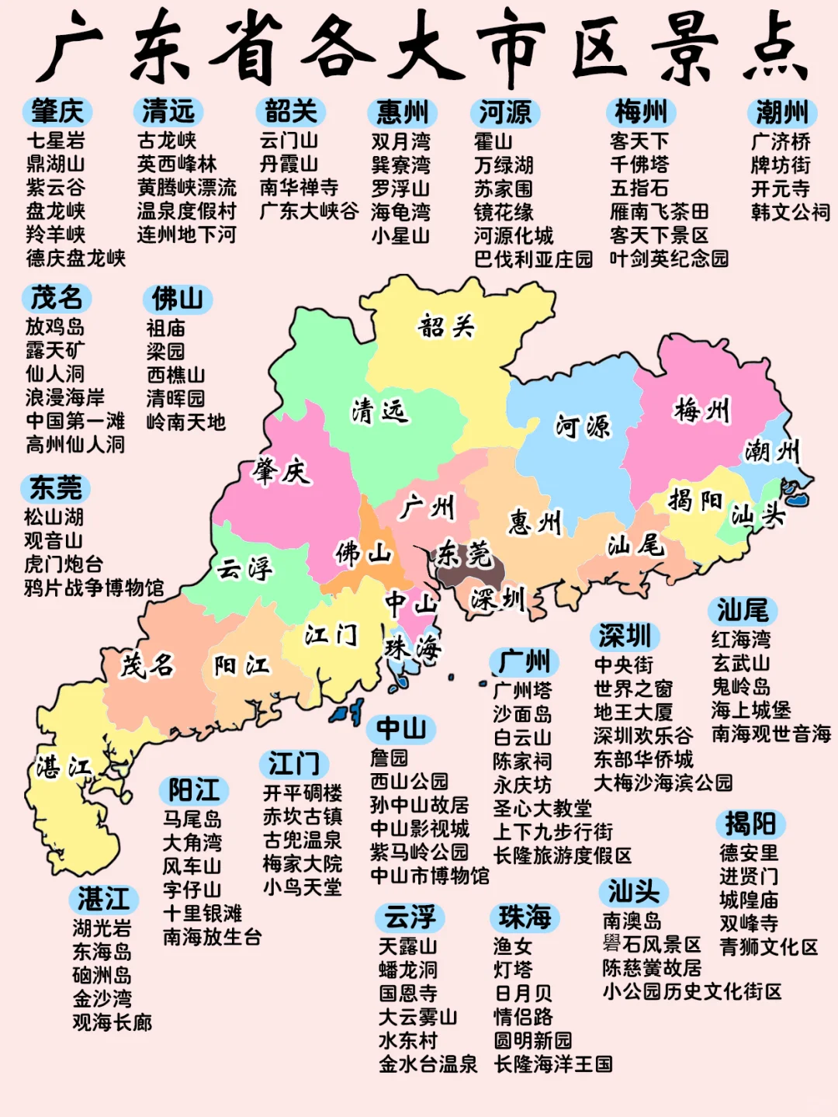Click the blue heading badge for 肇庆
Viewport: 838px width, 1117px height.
pos(57,112)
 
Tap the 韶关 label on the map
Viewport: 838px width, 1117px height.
pos(446,326)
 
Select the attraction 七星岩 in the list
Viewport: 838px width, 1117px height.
pos(56,141)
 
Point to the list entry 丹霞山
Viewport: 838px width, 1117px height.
pos(289,165)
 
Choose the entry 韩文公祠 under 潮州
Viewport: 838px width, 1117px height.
pos(790,212)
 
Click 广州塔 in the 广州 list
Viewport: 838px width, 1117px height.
pos(522,690)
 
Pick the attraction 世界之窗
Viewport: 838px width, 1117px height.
pos(633,689)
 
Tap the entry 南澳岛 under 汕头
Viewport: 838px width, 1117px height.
pos(632,921)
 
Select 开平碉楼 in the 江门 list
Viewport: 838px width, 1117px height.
pos(303,793)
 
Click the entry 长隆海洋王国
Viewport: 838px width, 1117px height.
pos(553,1064)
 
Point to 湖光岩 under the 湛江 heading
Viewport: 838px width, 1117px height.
pos(102,928)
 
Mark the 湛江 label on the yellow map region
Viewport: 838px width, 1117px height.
pos(64,768)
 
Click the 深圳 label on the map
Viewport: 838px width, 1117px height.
pos(497,599)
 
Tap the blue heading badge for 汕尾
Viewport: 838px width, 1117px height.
pos(742,611)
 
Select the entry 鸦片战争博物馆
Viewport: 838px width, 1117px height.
pos(94,588)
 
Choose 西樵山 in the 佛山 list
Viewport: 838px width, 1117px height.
pos(176,375)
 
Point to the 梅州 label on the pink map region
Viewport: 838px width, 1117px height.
pos(702,409)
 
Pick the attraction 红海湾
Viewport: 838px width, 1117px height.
pos(741,640)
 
